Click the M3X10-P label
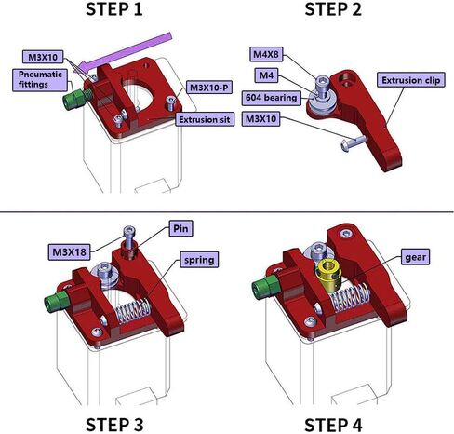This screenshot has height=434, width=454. pyautogui.click(x=212, y=88)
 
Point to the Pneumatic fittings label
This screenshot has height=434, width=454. pyautogui.click(x=39, y=80)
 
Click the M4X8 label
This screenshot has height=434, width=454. pyautogui.click(x=270, y=54)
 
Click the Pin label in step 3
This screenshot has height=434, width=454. pyautogui.click(x=180, y=227)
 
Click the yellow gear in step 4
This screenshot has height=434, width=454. pyautogui.click(x=328, y=273)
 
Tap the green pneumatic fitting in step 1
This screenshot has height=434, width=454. pyautogui.click(x=72, y=96)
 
